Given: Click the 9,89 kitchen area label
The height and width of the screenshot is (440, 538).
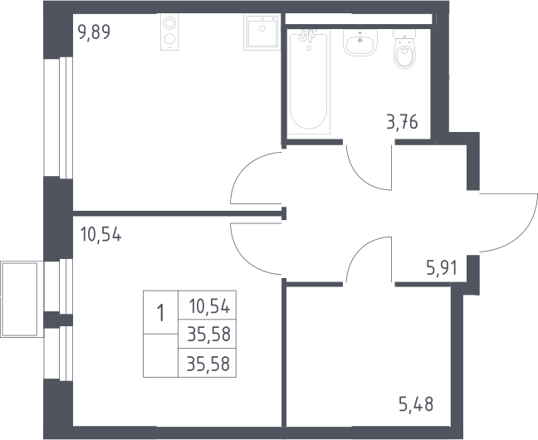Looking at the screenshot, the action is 94,32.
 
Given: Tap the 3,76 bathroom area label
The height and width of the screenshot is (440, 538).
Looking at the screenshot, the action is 402,122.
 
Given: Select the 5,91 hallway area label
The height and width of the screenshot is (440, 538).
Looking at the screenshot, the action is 442,268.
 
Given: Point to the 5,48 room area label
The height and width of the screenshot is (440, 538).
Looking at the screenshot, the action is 416,404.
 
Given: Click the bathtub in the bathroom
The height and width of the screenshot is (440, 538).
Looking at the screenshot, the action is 309,81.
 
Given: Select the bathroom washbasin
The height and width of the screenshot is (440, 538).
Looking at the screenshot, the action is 360,42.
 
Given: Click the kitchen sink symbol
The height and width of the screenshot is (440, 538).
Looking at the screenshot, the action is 262,32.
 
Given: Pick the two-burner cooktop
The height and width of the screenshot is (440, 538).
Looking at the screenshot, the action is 169,32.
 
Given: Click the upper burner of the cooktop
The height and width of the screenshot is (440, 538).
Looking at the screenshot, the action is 169,23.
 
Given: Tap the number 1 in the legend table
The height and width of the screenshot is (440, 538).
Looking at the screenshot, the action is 160,313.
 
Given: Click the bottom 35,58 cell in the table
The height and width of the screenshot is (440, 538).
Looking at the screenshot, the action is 208,364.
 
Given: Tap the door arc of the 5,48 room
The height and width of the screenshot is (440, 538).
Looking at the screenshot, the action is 359,251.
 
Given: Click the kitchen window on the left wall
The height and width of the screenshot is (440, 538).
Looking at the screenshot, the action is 58,118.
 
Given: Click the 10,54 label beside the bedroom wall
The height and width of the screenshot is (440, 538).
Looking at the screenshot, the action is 100,235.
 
